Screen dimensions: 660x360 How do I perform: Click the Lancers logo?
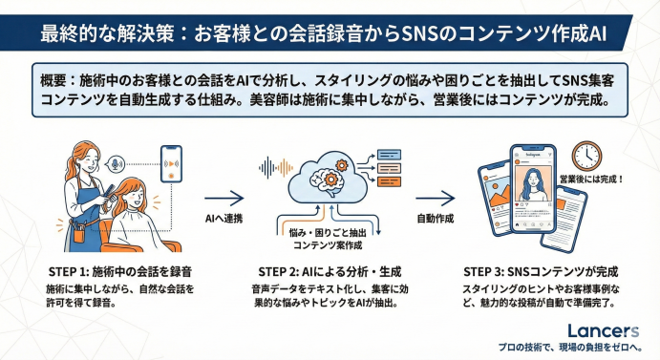604,331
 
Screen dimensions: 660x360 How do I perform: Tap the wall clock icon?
586,156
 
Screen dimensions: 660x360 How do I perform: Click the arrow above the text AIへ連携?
224,198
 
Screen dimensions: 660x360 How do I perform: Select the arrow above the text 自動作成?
436,198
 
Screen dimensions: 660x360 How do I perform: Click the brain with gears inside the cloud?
328,177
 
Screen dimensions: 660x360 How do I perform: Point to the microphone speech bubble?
115,164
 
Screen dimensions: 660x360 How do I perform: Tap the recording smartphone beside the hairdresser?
171,164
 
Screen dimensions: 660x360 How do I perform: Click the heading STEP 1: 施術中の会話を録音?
120,271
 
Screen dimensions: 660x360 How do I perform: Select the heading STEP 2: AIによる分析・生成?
330,271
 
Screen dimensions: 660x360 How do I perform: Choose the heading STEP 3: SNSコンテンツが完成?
541,271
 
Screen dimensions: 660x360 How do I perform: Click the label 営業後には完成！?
591,180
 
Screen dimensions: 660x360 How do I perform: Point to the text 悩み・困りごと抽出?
328,233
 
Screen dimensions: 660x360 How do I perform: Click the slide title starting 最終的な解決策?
324,33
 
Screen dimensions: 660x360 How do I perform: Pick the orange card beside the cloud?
389,181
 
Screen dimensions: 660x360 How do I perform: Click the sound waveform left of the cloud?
276,167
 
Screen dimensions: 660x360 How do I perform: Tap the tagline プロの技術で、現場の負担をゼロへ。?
570,348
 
